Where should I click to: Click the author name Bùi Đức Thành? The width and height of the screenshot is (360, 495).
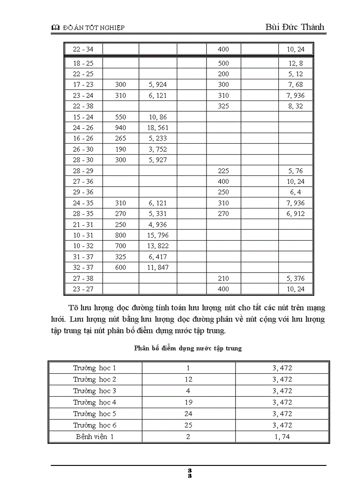295,27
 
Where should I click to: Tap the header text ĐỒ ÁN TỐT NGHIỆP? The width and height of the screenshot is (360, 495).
94,28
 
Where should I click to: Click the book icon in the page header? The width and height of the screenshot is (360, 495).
55,28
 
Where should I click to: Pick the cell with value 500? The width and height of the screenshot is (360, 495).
223,63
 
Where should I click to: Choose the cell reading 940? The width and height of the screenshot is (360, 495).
120,128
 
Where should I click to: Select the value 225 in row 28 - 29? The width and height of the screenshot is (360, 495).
223,171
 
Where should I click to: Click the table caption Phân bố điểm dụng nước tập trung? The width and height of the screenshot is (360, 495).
188,348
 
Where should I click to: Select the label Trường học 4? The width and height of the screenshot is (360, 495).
95,402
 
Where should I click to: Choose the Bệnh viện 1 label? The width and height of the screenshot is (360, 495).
95,437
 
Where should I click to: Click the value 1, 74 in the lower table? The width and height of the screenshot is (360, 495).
282,437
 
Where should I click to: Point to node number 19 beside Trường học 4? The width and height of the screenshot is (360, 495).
188,402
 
